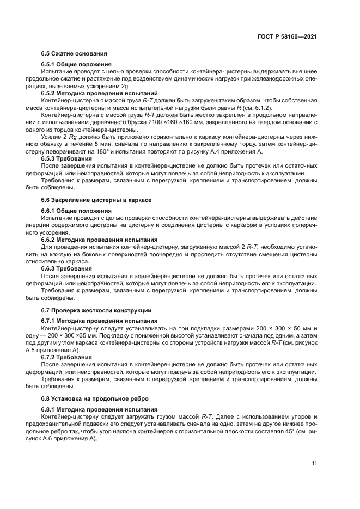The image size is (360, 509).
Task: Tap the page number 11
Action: click(314, 463)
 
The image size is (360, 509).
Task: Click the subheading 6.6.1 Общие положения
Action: click(77, 211)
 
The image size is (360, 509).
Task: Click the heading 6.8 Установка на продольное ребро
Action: click(90, 398)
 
